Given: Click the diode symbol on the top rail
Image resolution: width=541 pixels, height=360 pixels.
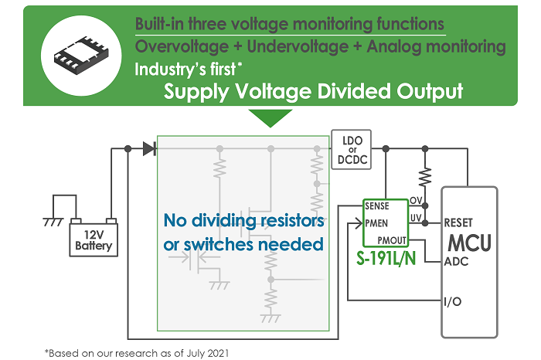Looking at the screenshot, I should (149, 148).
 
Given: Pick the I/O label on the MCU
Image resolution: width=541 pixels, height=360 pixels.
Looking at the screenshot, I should (454, 300).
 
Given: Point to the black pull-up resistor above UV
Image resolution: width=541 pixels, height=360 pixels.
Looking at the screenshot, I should (424, 176).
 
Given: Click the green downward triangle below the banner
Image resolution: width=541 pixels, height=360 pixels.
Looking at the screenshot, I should (270, 117).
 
